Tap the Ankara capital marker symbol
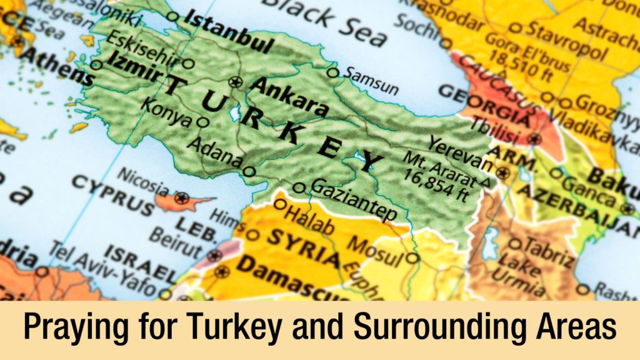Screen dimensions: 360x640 (235, 81)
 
